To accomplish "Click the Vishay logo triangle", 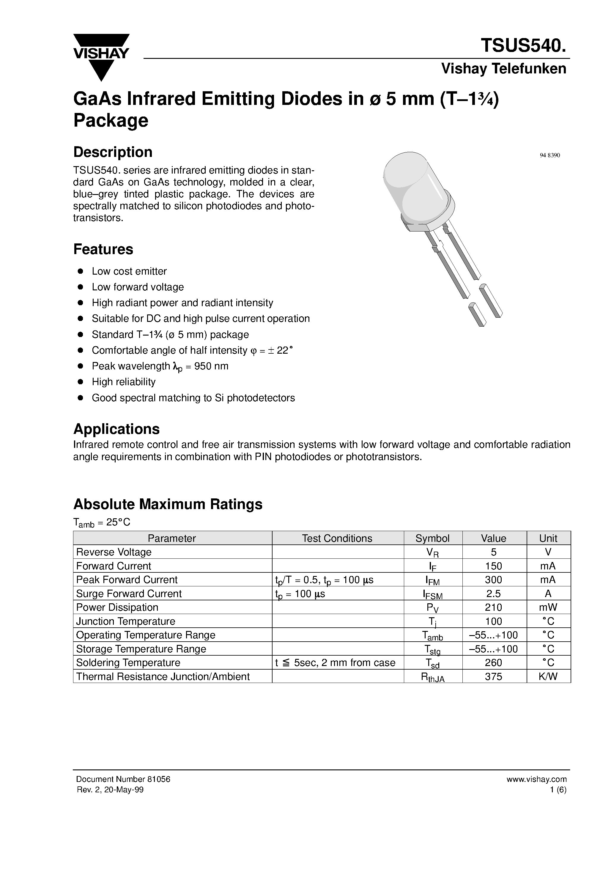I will pos(101,57).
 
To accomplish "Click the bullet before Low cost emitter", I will pos(80,271).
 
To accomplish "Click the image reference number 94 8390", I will pos(549,155).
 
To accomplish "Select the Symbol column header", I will pos(432,538).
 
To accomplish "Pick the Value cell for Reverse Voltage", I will pos(494,552).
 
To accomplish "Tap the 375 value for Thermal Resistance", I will pos(494,677).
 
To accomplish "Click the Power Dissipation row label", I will pos(117,607).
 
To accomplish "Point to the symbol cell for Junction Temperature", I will pos(432,622).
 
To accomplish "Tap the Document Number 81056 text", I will pos(123,779).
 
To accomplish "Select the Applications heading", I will pos(116,429).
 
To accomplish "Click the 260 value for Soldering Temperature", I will pos(494,663).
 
